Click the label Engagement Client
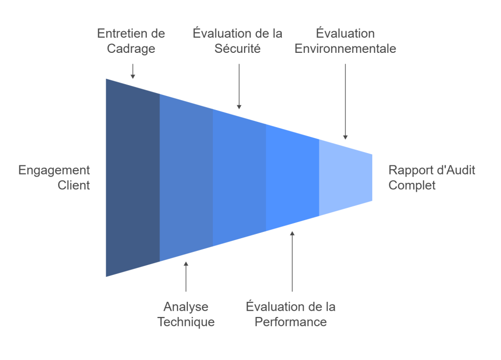54,178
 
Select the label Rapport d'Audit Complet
432,178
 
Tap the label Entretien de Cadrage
131,41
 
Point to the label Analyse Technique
186,315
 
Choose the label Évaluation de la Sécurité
237,41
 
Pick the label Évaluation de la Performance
291,315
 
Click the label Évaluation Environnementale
345,41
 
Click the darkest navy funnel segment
133,178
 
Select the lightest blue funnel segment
345,178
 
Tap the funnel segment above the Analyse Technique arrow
186,178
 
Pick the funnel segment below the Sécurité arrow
239,178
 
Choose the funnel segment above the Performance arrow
292,178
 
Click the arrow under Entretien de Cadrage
132,71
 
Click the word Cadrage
131,49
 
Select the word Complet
412,185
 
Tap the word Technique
186,322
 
